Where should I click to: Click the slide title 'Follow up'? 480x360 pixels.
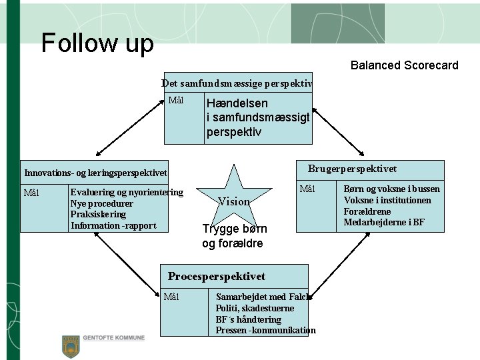point(97,43)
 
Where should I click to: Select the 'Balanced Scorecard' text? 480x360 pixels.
point(404,65)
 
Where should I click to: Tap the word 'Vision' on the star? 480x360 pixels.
point(234,201)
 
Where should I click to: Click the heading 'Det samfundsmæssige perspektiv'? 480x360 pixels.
point(237,83)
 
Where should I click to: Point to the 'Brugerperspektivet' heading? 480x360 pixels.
point(352,169)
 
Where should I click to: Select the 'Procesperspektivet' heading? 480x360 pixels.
point(216,276)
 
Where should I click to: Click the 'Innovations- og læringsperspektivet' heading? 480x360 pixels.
point(95,173)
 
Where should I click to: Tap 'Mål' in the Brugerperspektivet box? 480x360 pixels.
point(307,189)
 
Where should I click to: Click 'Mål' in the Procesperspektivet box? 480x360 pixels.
point(171,296)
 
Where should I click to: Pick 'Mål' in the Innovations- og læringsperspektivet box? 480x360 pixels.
point(31,193)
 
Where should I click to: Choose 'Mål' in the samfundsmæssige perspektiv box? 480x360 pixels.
point(176,101)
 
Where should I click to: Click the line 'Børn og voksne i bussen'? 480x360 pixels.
point(391,189)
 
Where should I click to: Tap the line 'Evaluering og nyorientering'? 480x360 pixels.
point(127,193)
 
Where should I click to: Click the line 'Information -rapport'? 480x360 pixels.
point(113,225)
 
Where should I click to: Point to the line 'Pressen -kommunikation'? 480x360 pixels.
point(265,330)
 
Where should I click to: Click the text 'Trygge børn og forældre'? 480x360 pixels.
point(234,236)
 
